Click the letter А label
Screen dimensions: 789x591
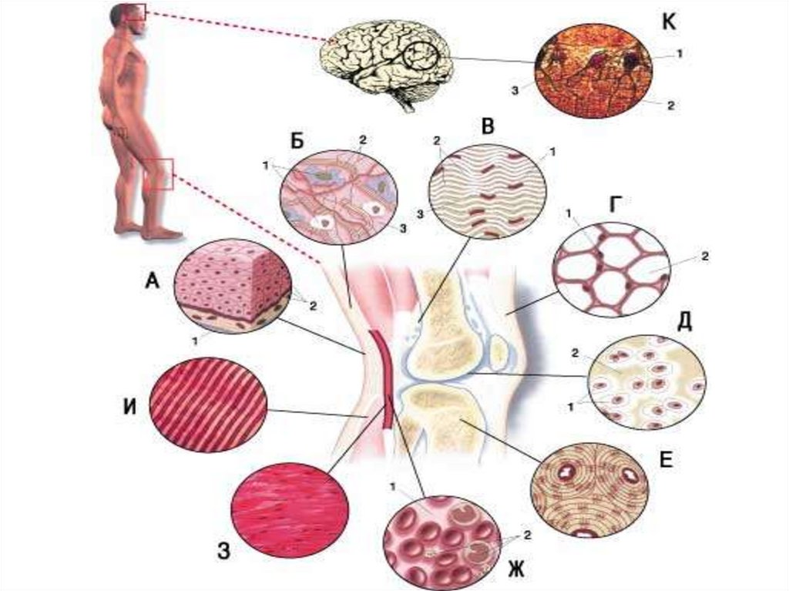coord(152,282)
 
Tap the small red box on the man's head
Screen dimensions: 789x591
coord(136,11)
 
